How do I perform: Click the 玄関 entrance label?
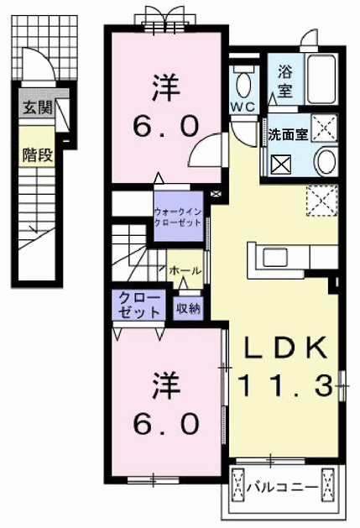pos(37,108)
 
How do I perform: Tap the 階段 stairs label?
pos(37,154)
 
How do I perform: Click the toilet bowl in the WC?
pos(244,86)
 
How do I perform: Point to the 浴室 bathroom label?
pos(285,81)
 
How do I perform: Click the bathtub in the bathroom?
pos(321,79)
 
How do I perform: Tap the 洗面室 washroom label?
pos(288,134)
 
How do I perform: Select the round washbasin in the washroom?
pos(326,163)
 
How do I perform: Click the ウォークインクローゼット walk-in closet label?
pos(178,217)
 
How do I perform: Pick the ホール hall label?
pos(185,270)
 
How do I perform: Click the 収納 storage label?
pos(188,308)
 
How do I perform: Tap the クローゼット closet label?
pos(139,305)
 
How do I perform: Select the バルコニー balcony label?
pos(283,487)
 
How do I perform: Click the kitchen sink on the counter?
pos(275,258)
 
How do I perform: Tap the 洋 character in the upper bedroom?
pos(166,87)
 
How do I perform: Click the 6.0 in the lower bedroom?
pos(165,423)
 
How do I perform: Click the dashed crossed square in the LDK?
pos(321,200)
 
